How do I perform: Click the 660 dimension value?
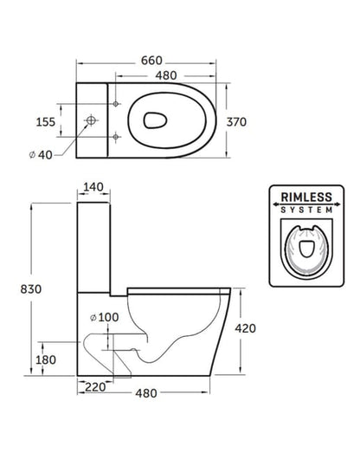click(151, 61)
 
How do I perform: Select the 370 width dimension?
click(236, 122)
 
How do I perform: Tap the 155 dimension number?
click(45, 122)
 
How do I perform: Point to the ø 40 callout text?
click(41, 155)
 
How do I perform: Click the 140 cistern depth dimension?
click(93, 187)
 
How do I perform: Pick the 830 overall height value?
click(31, 289)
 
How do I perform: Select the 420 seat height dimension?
click(245, 328)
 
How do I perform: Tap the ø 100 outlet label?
click(104, 317)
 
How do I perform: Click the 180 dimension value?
click(46, 359)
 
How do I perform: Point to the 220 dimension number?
click(95, 387)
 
